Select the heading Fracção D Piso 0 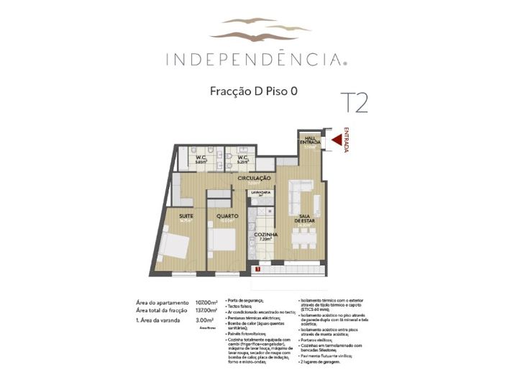[253, 91]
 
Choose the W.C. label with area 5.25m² [242, 158]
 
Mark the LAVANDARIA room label [260, 193]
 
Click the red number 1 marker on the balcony [257, 268]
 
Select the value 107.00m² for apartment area [206, 303]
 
